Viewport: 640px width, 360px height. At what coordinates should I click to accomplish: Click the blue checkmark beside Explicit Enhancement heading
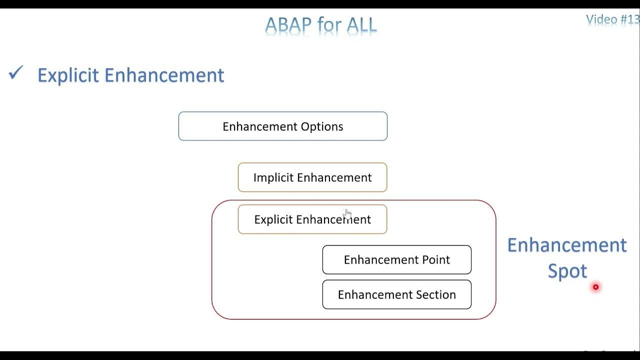click(16, 74)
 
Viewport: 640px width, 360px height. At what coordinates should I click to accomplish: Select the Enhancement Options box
click(282, 126)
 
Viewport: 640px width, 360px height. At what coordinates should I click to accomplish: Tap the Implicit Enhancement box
click(312, 177)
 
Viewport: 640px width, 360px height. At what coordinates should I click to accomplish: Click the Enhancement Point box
click(396, 259)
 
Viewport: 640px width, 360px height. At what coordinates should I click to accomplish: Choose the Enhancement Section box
click(396, 294)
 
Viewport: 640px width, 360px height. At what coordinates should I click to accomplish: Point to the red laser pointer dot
click(595, 287)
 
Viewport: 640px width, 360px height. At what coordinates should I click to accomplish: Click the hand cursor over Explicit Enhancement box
click(347, 214)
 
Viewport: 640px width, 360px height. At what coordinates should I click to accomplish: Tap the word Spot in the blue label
click(567, 271)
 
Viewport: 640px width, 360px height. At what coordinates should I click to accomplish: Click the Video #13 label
click(612, 19)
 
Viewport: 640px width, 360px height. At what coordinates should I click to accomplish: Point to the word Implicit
click(273, 177)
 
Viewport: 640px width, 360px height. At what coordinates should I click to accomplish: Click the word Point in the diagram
click(435, 259)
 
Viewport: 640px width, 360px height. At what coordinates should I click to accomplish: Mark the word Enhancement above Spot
click(567, 245)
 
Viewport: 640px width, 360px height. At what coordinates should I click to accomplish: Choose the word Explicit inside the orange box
click(273, 219)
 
